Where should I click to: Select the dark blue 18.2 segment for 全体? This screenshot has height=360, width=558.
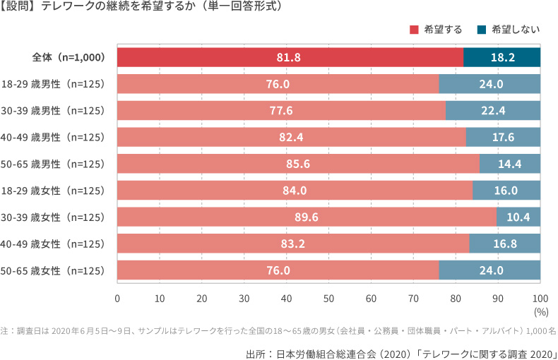coord(501,57)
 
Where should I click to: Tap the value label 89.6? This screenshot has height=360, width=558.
coord(307,217)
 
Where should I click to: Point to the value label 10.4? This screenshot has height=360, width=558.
coord(518,217)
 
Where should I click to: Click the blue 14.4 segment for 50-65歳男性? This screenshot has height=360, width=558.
coord(509,164)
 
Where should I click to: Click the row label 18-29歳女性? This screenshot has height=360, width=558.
coord(54,191)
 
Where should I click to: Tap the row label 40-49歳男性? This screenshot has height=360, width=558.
coord(54,137)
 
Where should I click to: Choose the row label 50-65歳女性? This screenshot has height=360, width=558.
coord(54,270)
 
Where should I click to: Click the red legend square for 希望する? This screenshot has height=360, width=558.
coord(414,30)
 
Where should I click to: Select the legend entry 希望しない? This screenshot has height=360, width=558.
coord(511,30)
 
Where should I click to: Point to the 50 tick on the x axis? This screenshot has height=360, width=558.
coord(328,297)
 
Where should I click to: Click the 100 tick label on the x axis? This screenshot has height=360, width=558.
coord(540,297)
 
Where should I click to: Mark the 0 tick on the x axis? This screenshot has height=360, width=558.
coord(117,297)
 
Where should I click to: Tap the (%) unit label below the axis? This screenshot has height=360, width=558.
coord(541,311)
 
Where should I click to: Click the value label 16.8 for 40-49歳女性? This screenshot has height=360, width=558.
coord(504,244)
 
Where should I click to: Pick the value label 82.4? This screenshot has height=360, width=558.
coord(292,137)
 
